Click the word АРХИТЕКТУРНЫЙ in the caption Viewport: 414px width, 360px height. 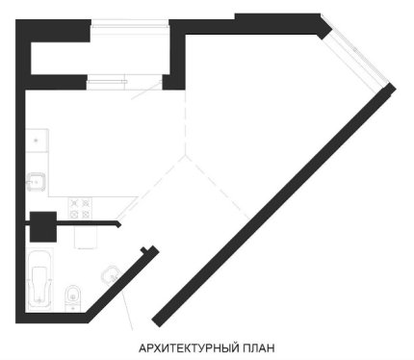[189, 348]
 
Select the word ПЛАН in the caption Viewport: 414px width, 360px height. [259, 348]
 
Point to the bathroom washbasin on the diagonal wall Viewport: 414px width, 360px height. [111, 273]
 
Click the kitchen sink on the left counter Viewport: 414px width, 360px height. [37, 182]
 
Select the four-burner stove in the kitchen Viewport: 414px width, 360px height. [80, 208]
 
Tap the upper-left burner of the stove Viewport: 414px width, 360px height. [75, 203]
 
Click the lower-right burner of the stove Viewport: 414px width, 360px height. [86, 214]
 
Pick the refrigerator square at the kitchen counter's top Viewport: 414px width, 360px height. [37, 141]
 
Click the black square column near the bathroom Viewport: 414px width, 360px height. [43, 226]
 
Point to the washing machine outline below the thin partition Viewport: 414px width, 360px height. [86, 237]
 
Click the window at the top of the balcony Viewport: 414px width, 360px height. [130, 25]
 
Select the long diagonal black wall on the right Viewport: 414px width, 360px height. [273, 205]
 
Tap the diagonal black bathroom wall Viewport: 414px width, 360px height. [122, 282]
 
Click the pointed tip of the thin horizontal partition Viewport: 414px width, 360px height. [121, 225]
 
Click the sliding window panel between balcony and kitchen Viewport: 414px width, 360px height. [107, 81]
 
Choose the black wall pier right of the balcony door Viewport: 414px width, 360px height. [173, 82]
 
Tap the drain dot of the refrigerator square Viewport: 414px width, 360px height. [37, 140]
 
